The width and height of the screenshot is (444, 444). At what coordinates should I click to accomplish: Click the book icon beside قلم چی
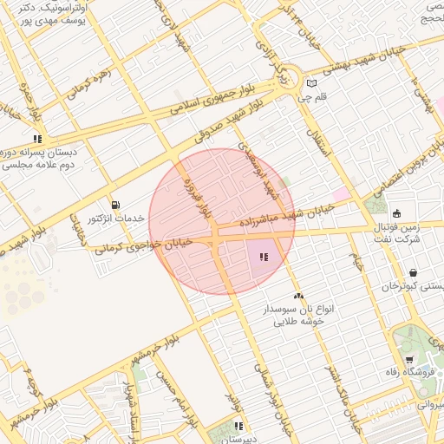(x=311, y=84)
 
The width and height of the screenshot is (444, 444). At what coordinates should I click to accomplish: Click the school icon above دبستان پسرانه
(x=38, y=138)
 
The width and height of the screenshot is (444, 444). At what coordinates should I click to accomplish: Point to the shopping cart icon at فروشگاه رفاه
(x=409, y=360)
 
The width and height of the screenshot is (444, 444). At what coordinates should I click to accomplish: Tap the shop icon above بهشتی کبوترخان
(x=413, y=272)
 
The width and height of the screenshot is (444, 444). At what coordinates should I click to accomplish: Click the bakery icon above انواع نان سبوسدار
(x=298, y=296)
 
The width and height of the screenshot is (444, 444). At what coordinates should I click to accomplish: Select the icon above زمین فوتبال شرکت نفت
(x=397, y=214)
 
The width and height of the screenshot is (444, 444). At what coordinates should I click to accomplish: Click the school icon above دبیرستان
(x=238, y=426)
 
